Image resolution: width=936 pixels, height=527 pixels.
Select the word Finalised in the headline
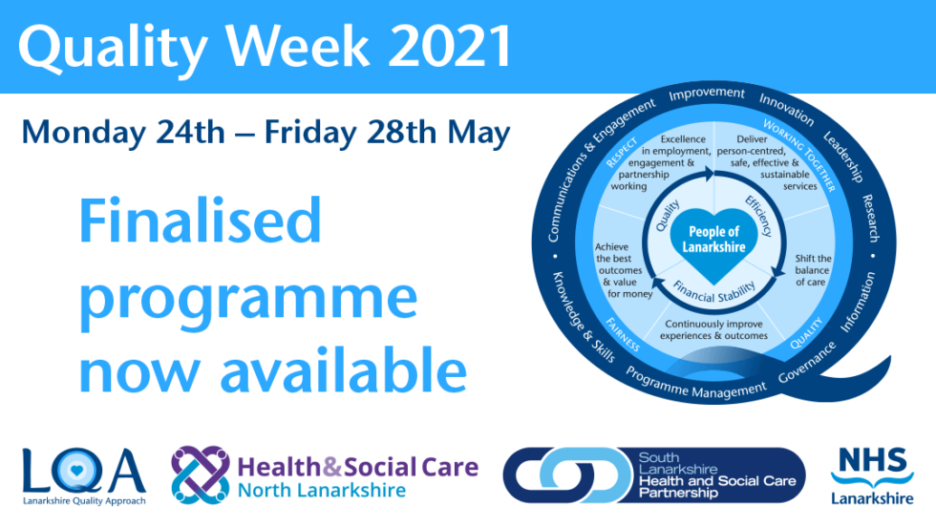click(x=200, y=222)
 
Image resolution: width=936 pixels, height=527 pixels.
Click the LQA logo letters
click(x=84, y=471)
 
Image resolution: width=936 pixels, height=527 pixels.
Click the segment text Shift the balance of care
click(x=813, y=271)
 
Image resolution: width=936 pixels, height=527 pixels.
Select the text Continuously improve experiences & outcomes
click(x=715, y=329)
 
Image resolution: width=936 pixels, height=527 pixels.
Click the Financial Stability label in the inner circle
click(x=714, y=285)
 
